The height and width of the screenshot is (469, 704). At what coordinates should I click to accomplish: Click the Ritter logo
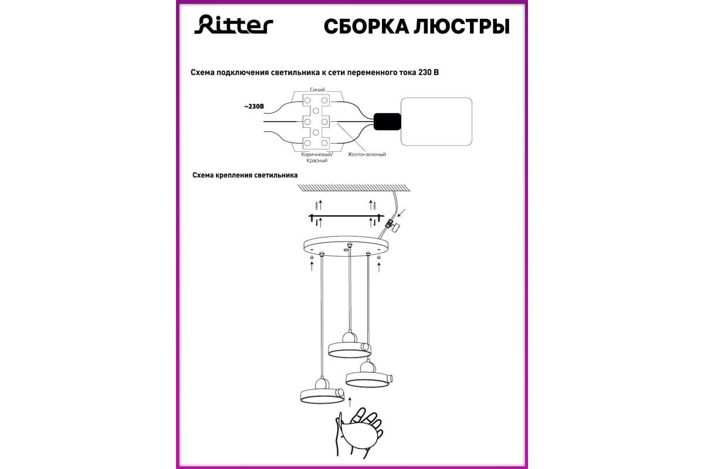233,25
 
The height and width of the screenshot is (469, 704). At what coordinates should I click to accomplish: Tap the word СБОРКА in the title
366,27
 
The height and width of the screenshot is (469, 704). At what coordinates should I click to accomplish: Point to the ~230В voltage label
254,107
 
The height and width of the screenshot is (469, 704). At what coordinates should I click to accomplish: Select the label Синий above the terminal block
317,90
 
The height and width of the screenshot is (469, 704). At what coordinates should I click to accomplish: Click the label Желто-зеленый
367,154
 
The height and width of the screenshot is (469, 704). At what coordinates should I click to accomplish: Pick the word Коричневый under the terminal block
316,155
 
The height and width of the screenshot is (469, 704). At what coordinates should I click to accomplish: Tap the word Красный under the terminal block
317,161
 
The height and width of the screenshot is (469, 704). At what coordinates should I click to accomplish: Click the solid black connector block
387,121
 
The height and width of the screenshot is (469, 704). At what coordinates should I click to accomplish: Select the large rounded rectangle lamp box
436,121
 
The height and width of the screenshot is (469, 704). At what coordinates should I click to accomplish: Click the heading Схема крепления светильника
245,175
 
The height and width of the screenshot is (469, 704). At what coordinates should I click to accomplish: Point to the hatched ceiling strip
354,188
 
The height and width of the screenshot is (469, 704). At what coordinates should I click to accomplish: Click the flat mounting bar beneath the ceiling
346,216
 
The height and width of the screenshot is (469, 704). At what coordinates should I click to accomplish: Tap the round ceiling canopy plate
346,247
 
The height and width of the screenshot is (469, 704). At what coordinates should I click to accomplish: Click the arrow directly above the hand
350,402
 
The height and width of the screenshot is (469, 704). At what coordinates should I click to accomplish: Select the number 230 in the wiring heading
424,72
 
